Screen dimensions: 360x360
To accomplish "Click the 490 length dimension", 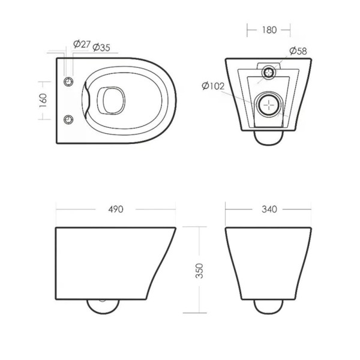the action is point(116,209).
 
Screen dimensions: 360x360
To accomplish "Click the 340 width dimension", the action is point(269,209).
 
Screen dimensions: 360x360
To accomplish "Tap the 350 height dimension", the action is point(199,271).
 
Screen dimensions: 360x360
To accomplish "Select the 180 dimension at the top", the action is point(269,30).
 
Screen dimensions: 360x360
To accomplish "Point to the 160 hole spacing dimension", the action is point(43,100).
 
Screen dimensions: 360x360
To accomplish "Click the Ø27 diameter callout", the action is point(82,44).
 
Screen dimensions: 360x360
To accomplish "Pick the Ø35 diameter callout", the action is point(101,47).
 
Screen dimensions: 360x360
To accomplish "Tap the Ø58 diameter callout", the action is point(298,51).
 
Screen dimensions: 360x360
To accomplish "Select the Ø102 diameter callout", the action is point(213,86).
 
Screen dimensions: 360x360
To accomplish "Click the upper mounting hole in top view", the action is point(68,82).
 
